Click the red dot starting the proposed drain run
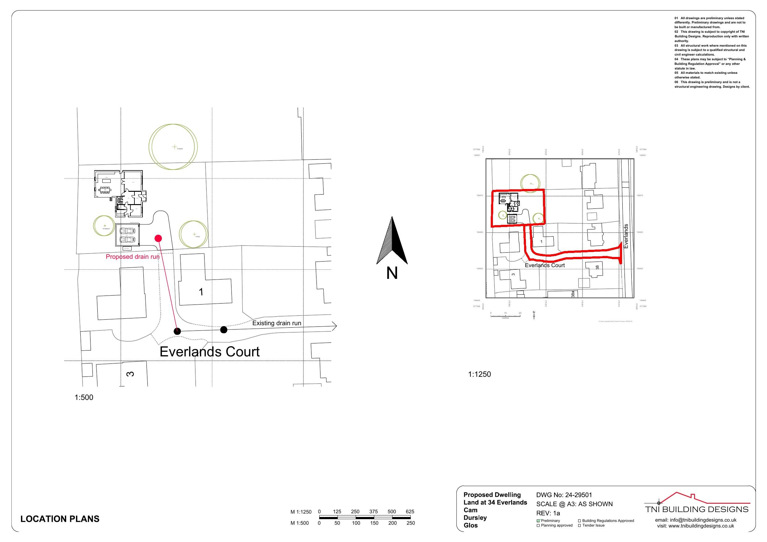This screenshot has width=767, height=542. click(x=158, y=238)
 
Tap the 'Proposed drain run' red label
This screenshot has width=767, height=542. click(x=132, y=257)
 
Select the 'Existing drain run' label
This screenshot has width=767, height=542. click(x=277, y=323)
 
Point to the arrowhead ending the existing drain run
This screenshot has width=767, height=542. click(x=335, y=326)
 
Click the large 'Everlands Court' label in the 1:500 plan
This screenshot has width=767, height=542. click(x=210, y=352)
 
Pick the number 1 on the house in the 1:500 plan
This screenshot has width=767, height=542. click(x=201, y=292)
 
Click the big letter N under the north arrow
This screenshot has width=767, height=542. click(x=392, y=274)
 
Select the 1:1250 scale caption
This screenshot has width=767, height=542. click(x=479, y=374)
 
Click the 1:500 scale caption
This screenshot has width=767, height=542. click(x=84, y=397)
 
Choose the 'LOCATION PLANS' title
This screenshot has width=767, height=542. click(x=60, y=519)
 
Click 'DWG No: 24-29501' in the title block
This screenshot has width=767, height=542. click(x=564, y=495)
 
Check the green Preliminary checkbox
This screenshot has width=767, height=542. click(x=538, y=521)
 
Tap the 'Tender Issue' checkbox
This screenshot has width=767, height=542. click(x=580, y=526)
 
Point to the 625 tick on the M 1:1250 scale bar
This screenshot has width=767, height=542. click(x=410, y=512)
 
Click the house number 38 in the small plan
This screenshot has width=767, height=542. click(x=597, y=267)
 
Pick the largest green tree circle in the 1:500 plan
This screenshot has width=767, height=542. click(x=173, y=147)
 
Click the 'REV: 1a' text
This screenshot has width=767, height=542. click(x=548, y=513)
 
